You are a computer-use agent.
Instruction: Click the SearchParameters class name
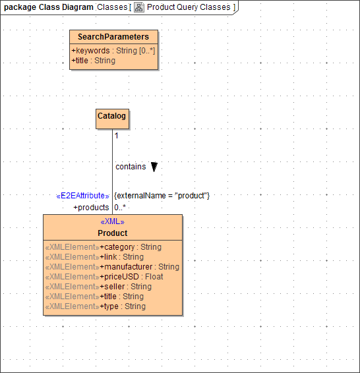[113, 37]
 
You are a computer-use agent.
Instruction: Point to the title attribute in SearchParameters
[94, 61]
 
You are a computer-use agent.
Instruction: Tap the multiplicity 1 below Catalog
[117, 136]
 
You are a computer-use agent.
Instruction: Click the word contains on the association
[131, 167]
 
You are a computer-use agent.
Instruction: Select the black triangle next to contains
[154, 167]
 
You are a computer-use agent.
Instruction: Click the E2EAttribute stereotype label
[83, 196]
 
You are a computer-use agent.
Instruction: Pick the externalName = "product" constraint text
[162, 196]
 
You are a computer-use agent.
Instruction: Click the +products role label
[91, 208]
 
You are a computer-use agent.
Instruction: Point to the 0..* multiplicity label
[119, 208]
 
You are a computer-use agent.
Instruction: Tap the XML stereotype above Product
[112, 222]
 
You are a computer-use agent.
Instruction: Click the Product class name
[113, 233]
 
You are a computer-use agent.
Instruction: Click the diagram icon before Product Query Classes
[139, 7]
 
